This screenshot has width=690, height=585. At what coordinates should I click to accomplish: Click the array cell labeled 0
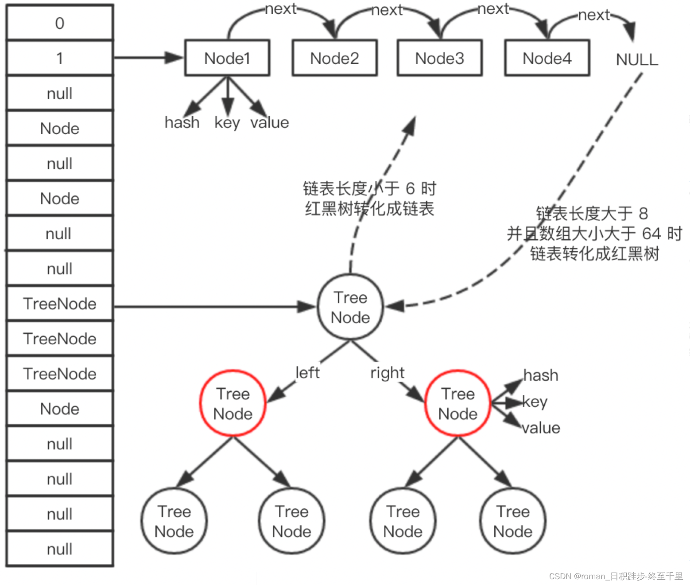(60, 23)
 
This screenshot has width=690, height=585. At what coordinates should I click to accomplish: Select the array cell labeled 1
(60, 58)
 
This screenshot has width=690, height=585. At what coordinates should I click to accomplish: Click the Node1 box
(227, 58)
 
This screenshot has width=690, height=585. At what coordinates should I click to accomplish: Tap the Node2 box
(334, 58)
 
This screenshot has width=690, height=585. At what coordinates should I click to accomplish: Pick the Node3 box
(439, 58)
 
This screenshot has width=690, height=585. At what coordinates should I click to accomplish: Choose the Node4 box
(547, 58)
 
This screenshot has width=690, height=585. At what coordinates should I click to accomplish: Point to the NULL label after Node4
(637, 60)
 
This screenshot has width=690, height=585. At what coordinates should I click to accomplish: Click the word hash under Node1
(182, 122)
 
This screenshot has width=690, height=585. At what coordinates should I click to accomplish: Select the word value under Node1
(269, 122)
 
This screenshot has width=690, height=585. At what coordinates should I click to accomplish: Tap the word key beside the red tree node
(535, 402)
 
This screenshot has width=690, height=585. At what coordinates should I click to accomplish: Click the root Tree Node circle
(350, 307)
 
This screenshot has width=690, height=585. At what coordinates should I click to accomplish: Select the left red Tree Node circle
(233, 404)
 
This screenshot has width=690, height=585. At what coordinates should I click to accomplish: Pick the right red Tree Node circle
(458, 404)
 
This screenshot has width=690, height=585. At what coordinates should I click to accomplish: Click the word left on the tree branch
(307, 373)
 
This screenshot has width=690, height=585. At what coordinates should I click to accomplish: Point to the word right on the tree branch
(388, 373)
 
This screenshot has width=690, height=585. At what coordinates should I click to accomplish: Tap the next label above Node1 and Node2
(281, 9)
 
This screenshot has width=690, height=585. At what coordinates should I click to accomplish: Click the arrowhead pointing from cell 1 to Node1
(173, 58)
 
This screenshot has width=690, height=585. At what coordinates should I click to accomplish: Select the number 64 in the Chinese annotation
(651, 234)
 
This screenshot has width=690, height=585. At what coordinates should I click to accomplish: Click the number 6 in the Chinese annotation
(410, 189)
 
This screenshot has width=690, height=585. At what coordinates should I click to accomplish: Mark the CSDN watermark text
(616, 576)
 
